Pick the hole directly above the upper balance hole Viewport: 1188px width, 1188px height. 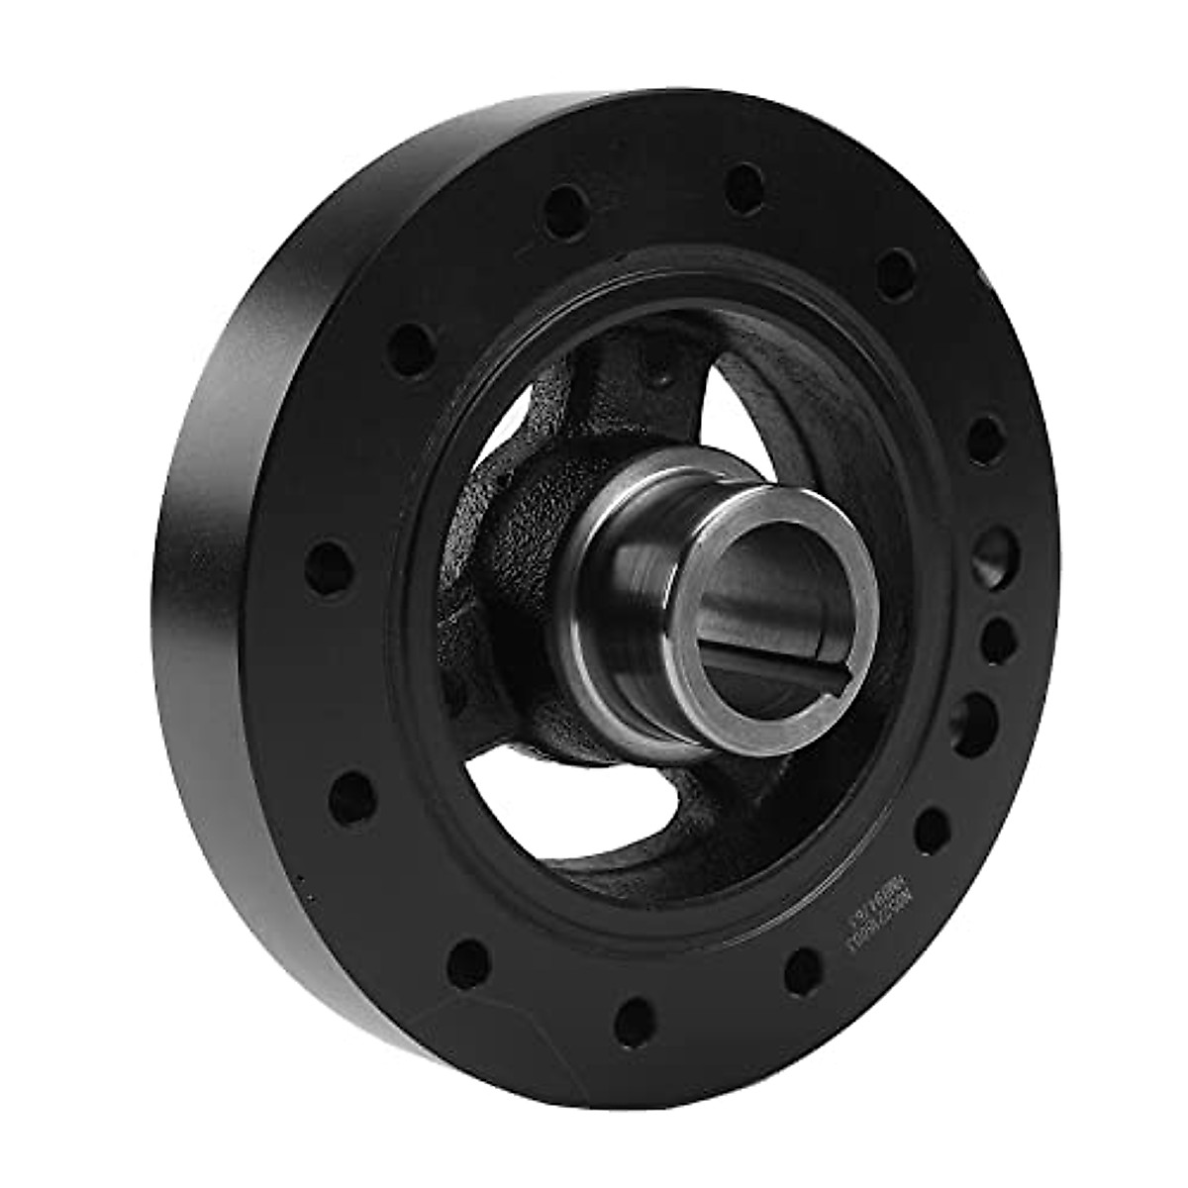pos(985,436)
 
